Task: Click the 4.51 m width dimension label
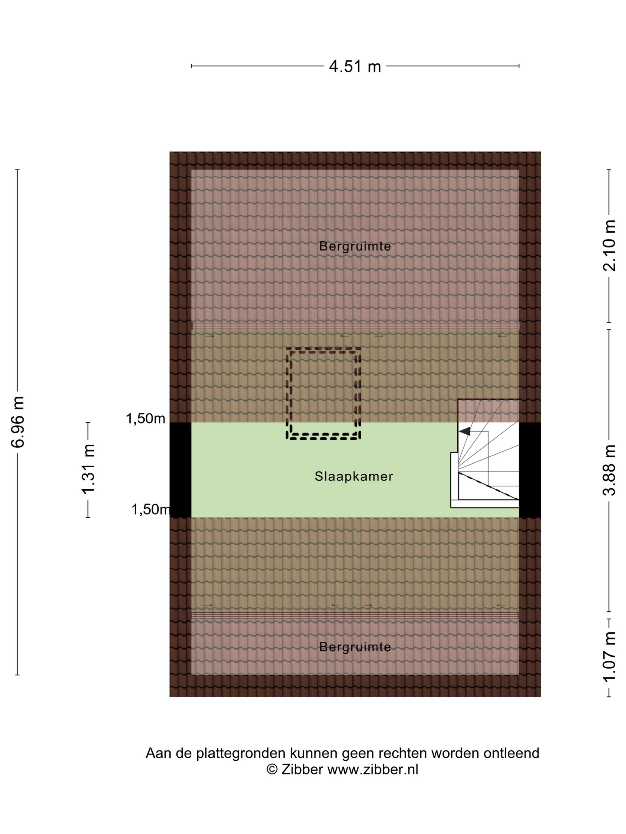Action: [x=355, y=66]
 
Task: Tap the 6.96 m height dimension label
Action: [x=18, y=422]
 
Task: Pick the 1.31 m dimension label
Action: [x=88, y=469]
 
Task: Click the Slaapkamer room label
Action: [x=354, y=477]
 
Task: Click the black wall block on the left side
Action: [x=180, y=470]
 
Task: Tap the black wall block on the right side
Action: [x=530, y=470]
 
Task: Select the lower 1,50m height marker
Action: [x=151, y=509]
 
